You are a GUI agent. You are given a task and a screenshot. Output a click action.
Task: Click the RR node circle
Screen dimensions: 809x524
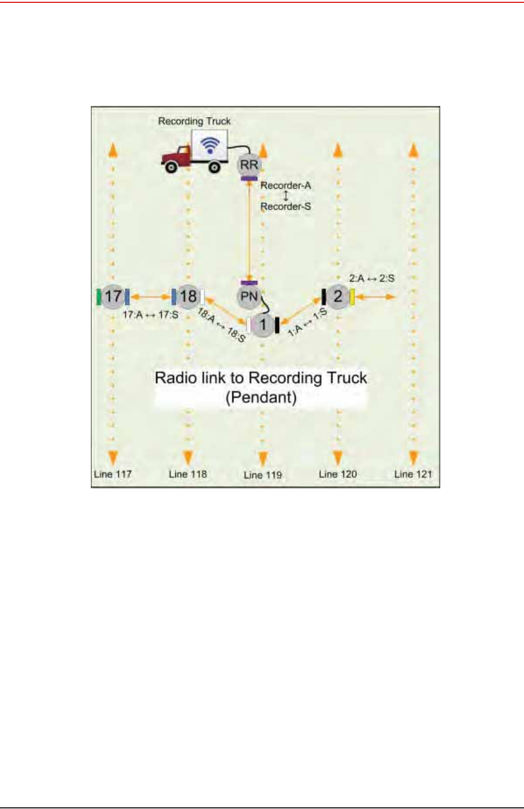coord(249,165)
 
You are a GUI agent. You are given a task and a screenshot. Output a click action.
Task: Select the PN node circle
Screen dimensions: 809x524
coord(249,296)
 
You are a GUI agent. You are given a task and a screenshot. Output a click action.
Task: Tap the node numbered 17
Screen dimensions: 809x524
coord(113,296)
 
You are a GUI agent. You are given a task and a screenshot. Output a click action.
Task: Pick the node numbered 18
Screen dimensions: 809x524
coord(187,296)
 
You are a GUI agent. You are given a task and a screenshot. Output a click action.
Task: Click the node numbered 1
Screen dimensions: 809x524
coord(263,325)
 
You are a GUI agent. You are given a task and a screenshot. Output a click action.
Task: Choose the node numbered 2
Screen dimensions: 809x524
coord(338,296)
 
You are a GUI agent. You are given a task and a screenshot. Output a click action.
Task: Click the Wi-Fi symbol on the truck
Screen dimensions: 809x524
coord(210,145)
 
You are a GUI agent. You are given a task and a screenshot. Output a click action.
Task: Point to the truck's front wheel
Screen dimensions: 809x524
coord(171,167)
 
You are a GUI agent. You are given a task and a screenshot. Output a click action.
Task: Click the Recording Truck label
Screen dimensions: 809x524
coord(194,121)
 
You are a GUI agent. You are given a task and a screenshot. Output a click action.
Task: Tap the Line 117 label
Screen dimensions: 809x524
coord(113,474)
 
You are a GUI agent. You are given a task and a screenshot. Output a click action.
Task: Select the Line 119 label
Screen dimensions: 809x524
coord(263,475)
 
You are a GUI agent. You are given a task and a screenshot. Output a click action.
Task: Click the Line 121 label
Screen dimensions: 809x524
coord(413,474)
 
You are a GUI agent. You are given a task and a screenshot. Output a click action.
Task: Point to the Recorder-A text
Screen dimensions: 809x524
coord(285,186)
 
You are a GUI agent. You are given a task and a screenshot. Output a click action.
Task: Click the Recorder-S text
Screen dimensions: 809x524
coord(285,207)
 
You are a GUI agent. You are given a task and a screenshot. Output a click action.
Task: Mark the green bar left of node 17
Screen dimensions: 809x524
coord(99,296)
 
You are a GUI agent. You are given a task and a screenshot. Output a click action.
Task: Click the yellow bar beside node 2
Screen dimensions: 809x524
coord(352,297)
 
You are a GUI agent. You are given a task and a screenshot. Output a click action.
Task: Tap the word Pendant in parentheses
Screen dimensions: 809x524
coord(261,398)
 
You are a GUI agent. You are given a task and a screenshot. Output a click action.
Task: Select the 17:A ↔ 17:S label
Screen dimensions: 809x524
coord(150,315)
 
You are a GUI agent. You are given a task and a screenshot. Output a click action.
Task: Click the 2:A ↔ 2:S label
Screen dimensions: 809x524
coord(371,278)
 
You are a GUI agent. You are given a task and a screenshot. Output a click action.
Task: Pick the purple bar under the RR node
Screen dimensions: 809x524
coord(249,178)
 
